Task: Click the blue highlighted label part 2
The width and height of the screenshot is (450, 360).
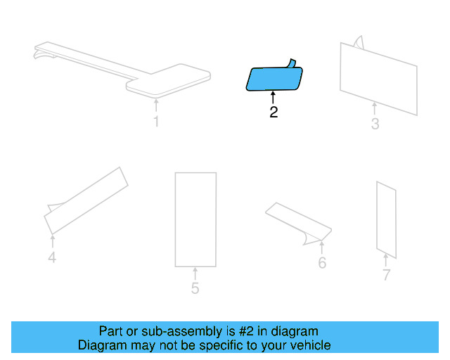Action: click(x=274, y=79)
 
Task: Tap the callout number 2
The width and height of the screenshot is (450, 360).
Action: click(x=274, y=112)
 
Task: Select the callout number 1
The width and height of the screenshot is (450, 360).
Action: click(x=156, y=122)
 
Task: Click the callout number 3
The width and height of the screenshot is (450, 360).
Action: click(x=375, y=124)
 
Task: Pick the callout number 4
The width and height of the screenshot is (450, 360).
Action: click(x=52, y=258)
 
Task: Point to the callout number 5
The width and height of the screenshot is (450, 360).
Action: click(x=195, y=288)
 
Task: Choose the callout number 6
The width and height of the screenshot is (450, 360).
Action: click(x=322, y=263)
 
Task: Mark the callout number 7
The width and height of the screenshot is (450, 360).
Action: click(x=386, y=275)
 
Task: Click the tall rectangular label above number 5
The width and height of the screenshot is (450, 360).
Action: click(x=195, y=219)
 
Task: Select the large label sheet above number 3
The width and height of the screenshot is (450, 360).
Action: click(x=378, y=77)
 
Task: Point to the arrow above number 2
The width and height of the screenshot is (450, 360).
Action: click(x=273, y=97)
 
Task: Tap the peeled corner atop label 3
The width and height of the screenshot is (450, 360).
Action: click(x=358, y=41)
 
